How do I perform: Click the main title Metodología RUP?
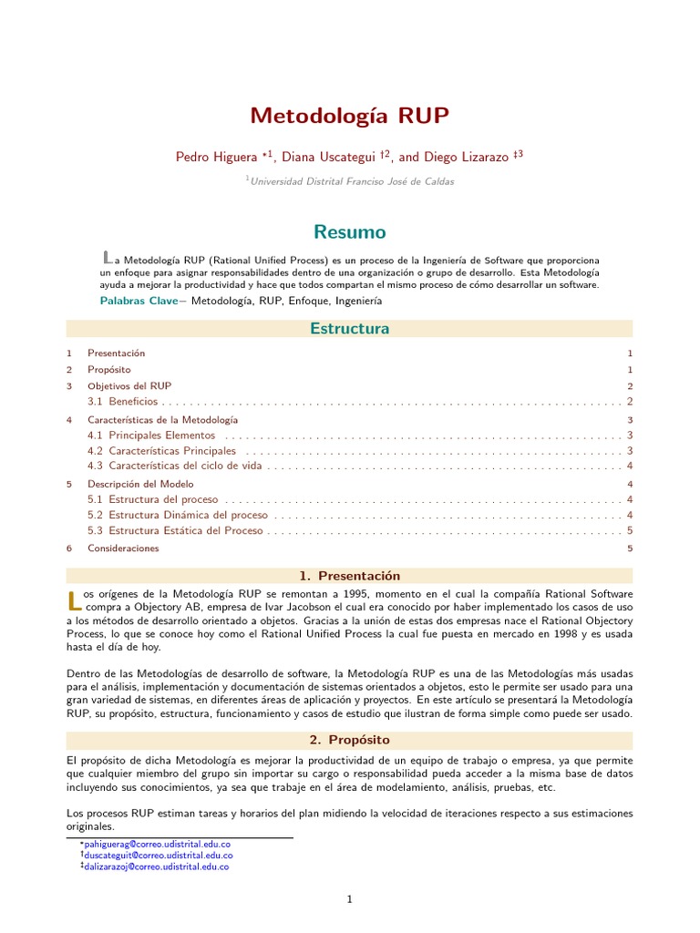pyautogui.click(x=349, y=117)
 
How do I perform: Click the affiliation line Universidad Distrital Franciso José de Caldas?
pyautogui.click(x=352, y=181)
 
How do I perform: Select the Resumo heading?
pyautogui.click(x=349, y=231)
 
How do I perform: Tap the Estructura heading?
pyautogui.click(x=349, y=329)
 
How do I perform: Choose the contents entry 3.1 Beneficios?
pyautogui.click(x=133, y=401)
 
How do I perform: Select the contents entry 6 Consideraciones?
pyautogui.click(x=123, y=549)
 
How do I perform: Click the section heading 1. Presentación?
pyautogui.click(x=349, y=576)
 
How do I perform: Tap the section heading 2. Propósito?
pyautogui.click(x=349, y=739)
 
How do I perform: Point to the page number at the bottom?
pyautogui.click(x=349, y=900)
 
